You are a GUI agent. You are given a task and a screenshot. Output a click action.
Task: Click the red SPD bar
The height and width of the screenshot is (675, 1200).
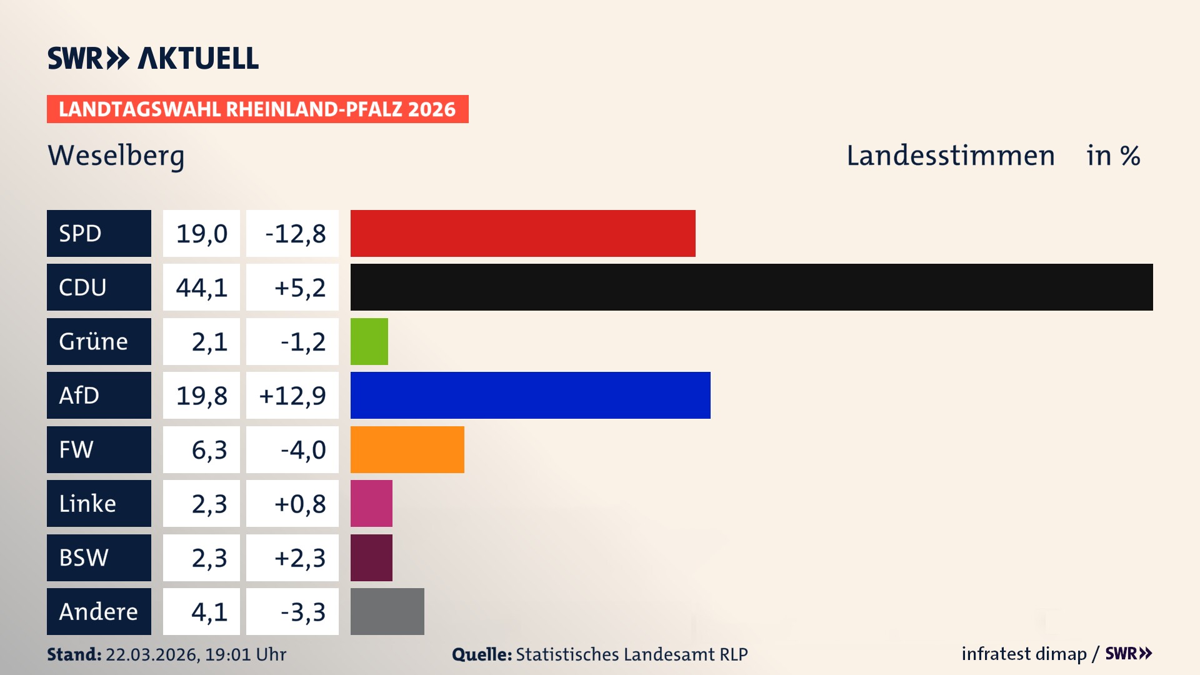coord(522,233)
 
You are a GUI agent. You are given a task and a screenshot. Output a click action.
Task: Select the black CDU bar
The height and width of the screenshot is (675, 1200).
coord(751,287)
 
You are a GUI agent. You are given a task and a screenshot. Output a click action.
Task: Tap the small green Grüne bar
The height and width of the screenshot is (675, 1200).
coord(369,341)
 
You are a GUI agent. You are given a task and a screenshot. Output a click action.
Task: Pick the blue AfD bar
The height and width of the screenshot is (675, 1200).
coord(530,395)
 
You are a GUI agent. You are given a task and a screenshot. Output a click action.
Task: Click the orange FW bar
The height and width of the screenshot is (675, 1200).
coord(407,449)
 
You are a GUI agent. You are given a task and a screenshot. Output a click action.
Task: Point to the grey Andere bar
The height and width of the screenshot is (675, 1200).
coord(387,611)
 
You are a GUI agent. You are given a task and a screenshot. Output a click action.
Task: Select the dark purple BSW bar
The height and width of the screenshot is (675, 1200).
coord(371,557)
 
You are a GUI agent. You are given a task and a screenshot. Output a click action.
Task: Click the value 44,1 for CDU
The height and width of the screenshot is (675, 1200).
coord(201,287)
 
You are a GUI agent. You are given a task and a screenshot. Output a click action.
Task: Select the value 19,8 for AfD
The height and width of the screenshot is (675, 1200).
coord(201,396)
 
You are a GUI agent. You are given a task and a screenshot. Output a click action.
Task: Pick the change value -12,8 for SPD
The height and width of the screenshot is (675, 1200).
coord(295,234)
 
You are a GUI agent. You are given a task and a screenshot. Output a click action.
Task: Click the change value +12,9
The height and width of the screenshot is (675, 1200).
coord(292,396)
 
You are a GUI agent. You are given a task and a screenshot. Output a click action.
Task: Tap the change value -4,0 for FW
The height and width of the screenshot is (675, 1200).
coord(302,449)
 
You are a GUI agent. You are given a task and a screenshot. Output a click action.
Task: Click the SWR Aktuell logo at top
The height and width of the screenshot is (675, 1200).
coord(152,58)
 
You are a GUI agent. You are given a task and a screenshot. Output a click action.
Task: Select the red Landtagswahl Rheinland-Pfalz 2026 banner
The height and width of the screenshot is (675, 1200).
coord(257,109)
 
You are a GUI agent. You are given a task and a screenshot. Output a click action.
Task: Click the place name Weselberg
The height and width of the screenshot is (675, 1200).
coord(116,156)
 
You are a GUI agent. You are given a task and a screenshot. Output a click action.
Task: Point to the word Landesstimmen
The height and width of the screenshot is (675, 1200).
coord(950,156)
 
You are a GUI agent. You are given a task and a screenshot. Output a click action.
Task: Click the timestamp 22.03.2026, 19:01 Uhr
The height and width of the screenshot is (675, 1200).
coord(196,654)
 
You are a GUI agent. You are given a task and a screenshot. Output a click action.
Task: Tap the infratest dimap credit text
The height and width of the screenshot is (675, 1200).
coord(1024,654)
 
